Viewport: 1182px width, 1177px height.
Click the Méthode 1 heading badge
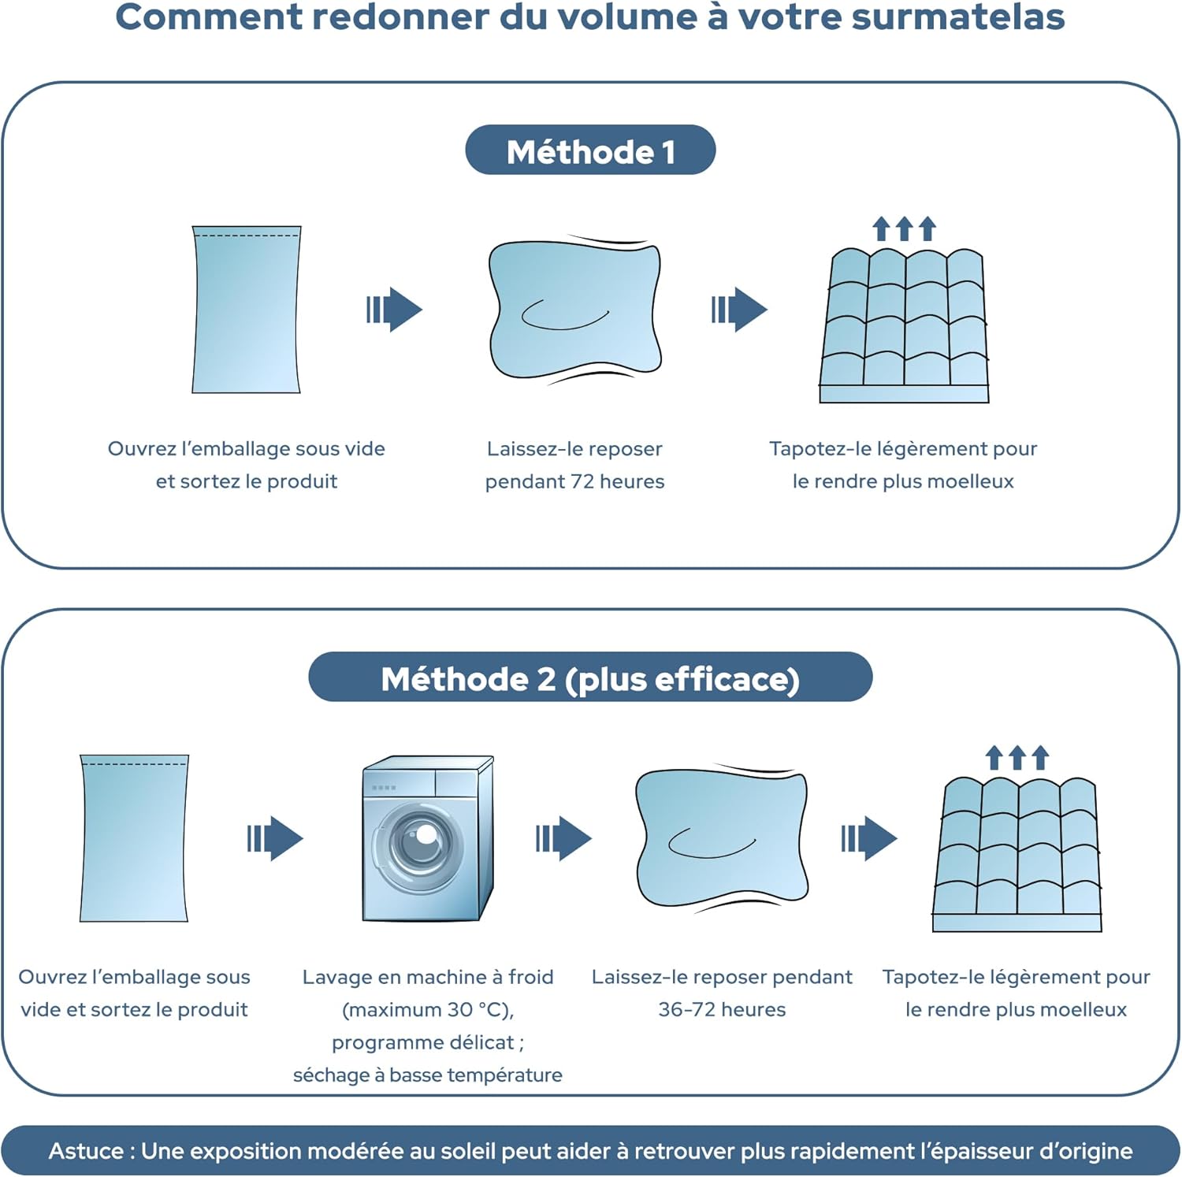[590, 150]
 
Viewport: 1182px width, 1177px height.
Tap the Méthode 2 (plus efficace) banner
[590, 678]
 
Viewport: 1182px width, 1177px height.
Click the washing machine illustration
[428, 838]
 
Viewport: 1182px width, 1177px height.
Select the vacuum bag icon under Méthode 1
[247, 310]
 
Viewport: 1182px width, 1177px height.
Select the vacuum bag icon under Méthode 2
[134, 838]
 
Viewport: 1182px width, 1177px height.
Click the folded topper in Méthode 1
[574, 309]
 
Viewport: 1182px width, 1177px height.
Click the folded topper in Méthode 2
[722, 838]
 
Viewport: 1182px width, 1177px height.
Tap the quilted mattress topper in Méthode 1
[904, 323]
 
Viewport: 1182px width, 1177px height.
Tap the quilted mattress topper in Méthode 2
[1017, 851]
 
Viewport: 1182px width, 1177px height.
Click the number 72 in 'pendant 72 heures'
[582, 481]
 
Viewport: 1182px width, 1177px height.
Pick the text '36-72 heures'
[722, 1009]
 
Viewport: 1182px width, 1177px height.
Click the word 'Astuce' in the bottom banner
[86, 1151]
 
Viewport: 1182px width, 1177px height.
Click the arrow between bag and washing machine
[275, 838]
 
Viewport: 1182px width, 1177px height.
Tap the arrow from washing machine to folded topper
[563, 838]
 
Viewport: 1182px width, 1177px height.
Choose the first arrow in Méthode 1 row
[394, 310]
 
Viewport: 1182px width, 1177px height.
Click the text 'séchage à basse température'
[428, 1075]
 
